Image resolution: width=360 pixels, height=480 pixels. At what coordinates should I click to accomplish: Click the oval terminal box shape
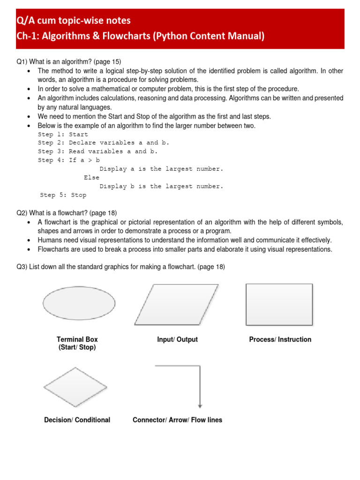79,303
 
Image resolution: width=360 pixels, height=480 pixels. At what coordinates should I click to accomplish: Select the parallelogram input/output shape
176,301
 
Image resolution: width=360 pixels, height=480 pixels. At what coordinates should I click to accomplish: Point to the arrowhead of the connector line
200,406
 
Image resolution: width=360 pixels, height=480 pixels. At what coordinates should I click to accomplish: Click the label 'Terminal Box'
77,339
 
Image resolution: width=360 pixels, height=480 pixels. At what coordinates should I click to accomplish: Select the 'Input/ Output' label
177,339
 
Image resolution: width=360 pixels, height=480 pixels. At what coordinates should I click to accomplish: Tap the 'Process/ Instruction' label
280,339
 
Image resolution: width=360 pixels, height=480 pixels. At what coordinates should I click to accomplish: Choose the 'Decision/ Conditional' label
77,420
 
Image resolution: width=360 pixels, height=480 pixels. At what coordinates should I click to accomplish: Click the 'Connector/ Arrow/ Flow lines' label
177,420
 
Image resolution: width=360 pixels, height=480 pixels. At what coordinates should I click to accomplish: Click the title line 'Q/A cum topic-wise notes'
74,21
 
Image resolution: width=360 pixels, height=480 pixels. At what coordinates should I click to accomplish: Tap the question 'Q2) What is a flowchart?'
67,213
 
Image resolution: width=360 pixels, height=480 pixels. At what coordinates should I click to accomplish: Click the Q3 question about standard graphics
120,267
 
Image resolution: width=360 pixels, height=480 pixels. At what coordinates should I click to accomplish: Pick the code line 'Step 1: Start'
63,135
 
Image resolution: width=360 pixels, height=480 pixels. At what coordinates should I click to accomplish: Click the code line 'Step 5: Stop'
63,195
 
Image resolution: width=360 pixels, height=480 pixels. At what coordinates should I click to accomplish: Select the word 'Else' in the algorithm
92,178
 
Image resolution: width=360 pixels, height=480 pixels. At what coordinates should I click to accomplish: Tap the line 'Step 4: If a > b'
69,160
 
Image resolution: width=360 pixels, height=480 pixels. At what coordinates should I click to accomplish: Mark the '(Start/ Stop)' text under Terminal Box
77,347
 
